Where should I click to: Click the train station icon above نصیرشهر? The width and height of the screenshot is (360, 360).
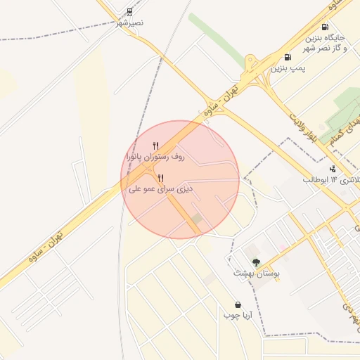[x=129, y=11]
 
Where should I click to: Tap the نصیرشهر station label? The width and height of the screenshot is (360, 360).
[x=129, y=22]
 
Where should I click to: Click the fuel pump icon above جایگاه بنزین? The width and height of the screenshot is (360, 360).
[x=324, y=27]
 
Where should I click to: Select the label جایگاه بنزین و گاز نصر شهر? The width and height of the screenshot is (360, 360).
[x=325, y=41]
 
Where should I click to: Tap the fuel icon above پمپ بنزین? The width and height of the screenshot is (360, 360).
[x=287, y=57]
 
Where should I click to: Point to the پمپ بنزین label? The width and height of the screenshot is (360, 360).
[x=290, y=68]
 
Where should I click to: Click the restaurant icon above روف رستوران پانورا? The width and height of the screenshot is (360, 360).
[x=155, y=146]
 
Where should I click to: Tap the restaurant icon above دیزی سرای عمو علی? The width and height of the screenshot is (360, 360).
[x=161, y=177]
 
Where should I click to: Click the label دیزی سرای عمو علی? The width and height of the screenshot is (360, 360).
[x=161, y=189]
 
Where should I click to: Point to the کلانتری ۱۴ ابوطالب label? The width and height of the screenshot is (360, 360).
[x=332, y=180]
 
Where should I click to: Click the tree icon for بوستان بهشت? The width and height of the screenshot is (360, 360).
[x=256, y=262]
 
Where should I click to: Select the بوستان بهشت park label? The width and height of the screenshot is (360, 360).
[x=256, y=273]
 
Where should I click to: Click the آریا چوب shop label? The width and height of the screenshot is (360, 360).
[x=238, y=316]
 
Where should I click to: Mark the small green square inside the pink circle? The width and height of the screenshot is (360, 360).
[x=198, y=219]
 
